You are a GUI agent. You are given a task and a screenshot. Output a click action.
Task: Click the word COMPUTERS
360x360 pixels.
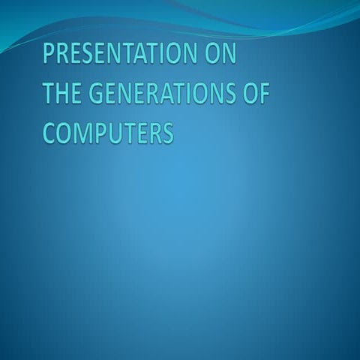click(x=109, y=132)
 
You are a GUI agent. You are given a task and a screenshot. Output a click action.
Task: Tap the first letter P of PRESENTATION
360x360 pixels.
click(x=49, y=56)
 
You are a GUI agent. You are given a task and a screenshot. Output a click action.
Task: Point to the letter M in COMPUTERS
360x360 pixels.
click(x=84, y=132)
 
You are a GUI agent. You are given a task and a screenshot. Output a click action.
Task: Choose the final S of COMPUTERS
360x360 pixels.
click(x=167, y=132)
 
